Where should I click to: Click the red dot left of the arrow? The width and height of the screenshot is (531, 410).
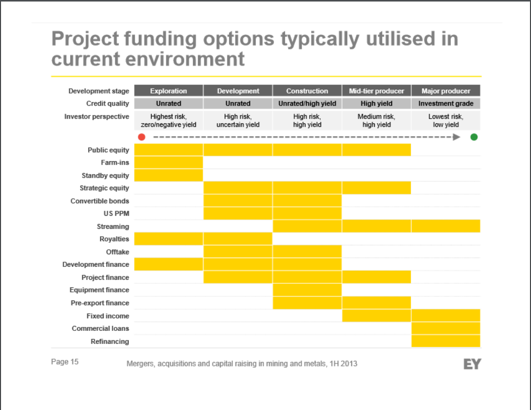[x=142, y=137]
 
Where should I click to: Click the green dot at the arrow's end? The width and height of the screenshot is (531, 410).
[x=474, y=137]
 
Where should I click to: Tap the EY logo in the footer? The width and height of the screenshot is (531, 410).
[x=472, y=364]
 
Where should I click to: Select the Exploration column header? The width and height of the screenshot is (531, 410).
[x=168, y=91]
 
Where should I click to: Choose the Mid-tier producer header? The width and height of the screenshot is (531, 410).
[x=376, y=91]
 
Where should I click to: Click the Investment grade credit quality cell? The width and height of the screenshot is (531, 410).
[x=445, y=104]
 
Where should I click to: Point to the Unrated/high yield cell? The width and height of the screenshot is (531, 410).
[x=307, y=104]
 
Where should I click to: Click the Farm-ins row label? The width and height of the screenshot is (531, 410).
[x=115, y=163]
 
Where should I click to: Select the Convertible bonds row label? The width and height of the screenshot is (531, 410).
[x=100, y=201]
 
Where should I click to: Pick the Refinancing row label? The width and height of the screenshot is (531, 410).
[x=110, y=341]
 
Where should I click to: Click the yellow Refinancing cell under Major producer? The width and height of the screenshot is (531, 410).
[x=446, y=341]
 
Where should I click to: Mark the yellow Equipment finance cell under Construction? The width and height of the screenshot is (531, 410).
[x=307, y=290]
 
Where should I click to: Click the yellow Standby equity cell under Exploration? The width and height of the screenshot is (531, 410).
[x=168, y=175]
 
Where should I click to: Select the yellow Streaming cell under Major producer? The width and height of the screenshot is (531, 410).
[x=446, y=226]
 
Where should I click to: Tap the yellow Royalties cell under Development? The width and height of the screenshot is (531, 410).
[x=238, y=239]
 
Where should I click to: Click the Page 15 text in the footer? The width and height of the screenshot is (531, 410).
[x=65, y=362]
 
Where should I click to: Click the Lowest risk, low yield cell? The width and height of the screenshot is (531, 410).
[x=446, y=121]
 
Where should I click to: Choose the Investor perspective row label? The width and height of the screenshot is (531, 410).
[x=96, y=117]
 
